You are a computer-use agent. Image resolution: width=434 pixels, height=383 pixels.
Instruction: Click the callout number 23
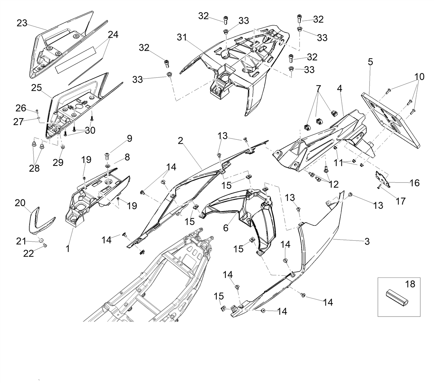(x=22, y=23)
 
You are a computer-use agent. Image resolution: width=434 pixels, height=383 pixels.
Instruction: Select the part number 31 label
(x=182, y=37)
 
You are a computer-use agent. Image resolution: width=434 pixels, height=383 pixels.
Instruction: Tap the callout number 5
(x=370, y=62)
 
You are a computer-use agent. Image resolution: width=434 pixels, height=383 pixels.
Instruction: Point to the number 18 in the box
(x=410, y=284)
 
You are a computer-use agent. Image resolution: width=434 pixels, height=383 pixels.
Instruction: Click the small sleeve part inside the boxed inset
(x=397, y=298)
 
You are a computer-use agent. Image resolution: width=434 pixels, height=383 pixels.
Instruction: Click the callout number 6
(x=226, y=228)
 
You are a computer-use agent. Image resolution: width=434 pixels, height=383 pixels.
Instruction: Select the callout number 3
(x=367, y=241)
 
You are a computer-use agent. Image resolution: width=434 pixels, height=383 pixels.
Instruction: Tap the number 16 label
(x=414, y=183)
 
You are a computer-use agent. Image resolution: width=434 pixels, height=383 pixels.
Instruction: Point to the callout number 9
(x=129, y=138)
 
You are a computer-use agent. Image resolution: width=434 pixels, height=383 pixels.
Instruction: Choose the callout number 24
(x=113, y=34)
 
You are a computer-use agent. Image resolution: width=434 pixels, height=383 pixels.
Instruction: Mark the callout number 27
(x=18, y=122)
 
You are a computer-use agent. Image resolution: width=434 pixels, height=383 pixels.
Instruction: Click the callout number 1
(x=68, y=249)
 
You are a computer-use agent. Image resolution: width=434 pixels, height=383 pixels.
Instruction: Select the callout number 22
(x=29, y=254)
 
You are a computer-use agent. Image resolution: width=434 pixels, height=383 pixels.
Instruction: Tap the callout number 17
(x=400, y=201)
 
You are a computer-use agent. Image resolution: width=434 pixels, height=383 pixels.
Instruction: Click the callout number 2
(x=180, y=141)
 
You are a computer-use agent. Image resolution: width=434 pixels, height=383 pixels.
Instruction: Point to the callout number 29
(x=58, y=163)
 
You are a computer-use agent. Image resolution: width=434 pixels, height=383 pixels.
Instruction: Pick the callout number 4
(x=340, y=89)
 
